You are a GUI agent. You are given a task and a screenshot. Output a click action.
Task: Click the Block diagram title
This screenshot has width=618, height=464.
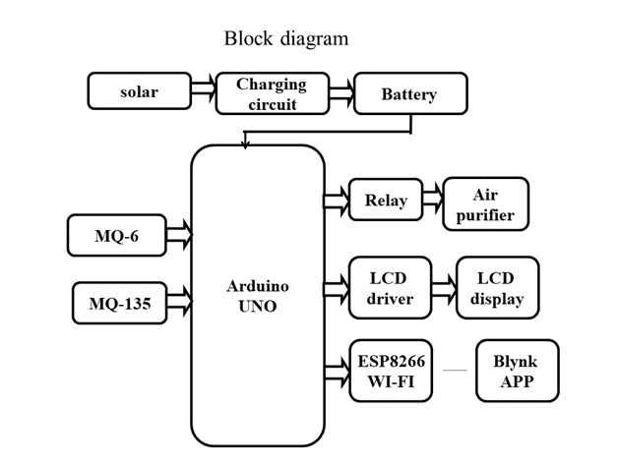pos(286,39)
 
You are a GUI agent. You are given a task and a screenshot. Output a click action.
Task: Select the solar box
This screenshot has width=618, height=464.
pos(139,92)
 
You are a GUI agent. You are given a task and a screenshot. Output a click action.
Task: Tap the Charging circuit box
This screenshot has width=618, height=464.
pos(272,93)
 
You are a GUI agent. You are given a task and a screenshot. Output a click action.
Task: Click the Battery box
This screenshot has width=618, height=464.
pos(408,95)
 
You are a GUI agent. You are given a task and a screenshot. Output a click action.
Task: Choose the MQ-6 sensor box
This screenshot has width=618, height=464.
pos(117,236)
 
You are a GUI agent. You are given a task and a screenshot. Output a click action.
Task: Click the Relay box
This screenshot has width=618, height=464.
pos(386,201)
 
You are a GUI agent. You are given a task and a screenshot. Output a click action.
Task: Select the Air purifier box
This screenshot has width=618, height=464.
pos(485,204)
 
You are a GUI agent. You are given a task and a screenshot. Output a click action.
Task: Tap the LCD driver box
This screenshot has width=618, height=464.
pos(390,288)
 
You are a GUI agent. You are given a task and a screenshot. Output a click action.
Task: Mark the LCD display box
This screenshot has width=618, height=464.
pos(498,288)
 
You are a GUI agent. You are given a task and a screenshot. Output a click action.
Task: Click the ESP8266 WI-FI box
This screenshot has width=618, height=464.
pos(391,371)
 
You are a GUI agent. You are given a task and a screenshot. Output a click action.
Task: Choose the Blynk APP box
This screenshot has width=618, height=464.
pos(516,370)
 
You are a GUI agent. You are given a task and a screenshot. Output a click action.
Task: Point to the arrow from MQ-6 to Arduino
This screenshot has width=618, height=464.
pos(179,236)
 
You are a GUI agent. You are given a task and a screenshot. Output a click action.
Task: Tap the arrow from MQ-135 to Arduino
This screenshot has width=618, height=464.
pos(180,301)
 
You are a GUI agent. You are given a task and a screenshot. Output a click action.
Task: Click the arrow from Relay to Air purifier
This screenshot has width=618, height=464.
pos(432,201)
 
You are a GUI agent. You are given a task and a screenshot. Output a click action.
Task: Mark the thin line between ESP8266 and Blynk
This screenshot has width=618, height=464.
pos(454,371)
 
